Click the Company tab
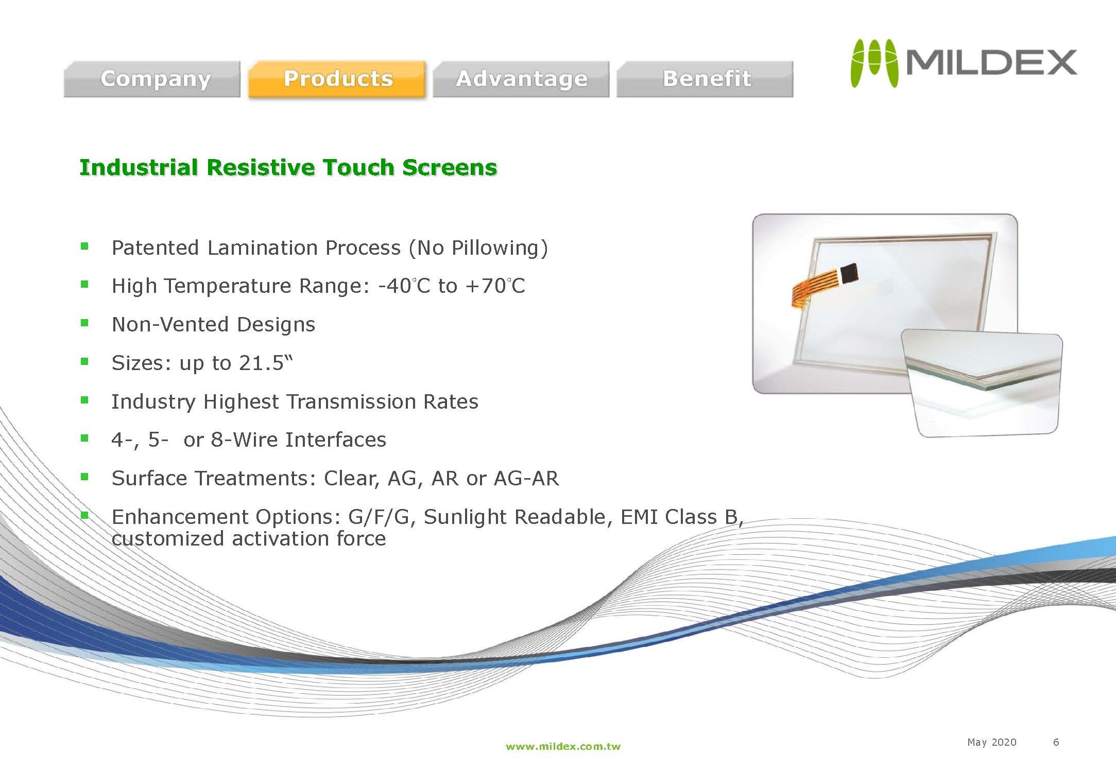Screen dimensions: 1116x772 coord(152,79)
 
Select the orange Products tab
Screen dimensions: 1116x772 coord(337,79)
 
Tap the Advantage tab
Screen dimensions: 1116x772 coord(521,79)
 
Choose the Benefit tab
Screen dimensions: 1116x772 coord(705,79)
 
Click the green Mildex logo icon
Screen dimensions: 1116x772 coord(874,63)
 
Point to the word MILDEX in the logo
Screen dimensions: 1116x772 coord(991,63)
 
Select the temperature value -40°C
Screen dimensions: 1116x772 coord(404,286)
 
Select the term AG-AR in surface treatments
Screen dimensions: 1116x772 coord(526,478)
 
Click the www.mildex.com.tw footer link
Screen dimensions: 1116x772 coord(563,746)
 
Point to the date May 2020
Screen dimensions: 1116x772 coord(991,742)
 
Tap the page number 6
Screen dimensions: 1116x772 coord(1056,742)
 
